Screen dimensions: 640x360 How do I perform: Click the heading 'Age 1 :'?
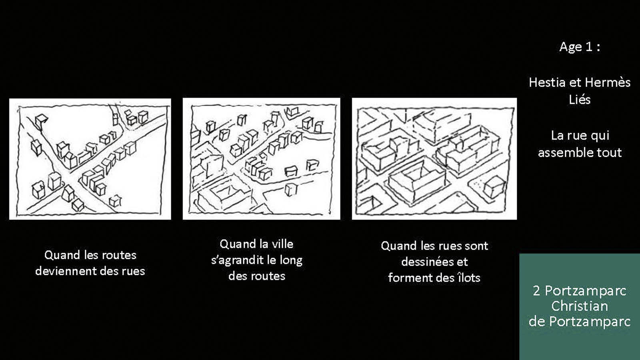click(580, 47)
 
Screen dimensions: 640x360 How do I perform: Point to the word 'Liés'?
click(580, 100)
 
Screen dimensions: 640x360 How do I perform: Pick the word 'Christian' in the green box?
click(580, 306)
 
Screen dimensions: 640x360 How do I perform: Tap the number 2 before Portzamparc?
click(536, 291)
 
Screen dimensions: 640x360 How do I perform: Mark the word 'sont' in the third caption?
click(476, 246)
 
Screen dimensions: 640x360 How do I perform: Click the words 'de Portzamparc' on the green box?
click(580, 322)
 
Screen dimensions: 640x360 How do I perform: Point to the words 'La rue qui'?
click(580, 136)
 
